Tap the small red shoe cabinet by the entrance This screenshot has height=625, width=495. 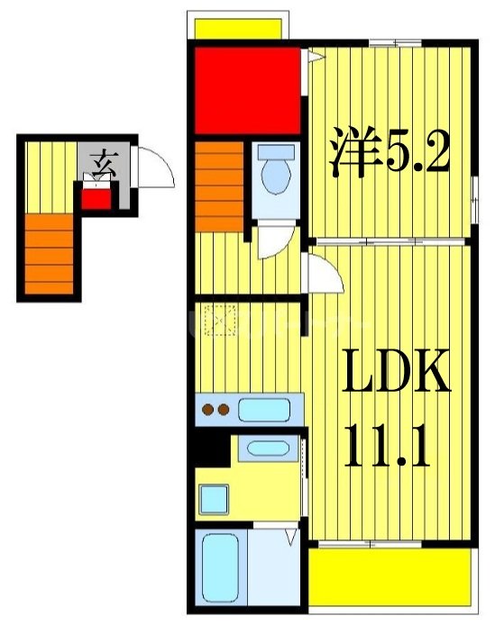(x=96, y=195)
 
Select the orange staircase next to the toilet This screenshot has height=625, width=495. (x=219, y=186)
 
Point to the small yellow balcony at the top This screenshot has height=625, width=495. (x=241, y=28)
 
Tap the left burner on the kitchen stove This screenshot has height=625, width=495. (x=207, y=412)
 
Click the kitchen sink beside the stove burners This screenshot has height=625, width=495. (x=263, y=411)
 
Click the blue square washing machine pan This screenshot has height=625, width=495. (x=215, y=496)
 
